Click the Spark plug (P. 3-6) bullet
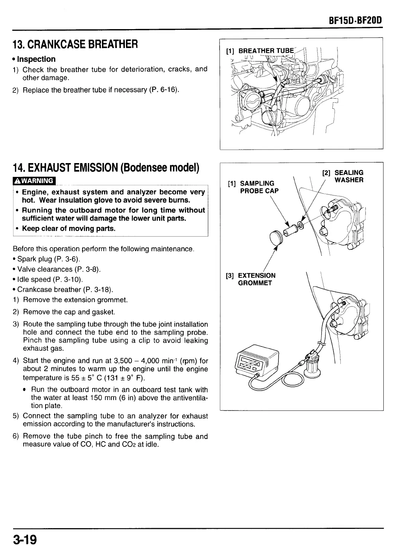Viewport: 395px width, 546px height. click(x=47, y=259)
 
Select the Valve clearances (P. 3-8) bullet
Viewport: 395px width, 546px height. click(x=58, y=269)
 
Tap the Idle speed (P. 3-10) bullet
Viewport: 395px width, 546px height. click(x=49, y=280)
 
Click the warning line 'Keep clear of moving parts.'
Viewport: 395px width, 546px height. click(x=68, y=229)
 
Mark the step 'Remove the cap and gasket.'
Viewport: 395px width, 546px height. click(x=69, y=312)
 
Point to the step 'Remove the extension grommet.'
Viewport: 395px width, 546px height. click(x=75, y=300)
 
